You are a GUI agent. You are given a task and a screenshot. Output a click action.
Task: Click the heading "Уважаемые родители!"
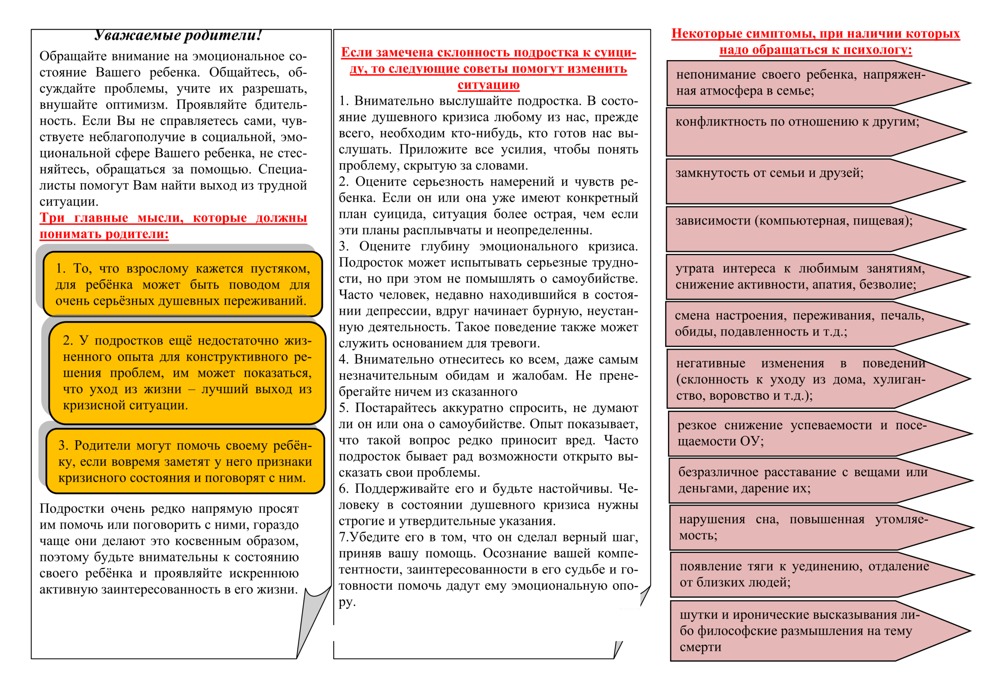[178, 35]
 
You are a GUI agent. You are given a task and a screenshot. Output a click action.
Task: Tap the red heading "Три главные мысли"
[173, 226]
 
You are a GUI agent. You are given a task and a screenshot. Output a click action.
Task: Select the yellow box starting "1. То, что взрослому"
[183, 284]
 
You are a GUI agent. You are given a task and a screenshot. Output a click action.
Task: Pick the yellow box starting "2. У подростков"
[187, 373]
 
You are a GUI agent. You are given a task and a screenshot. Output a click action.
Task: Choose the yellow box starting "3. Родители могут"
[185, 461]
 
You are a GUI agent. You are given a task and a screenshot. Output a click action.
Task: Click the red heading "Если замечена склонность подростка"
[488, 68]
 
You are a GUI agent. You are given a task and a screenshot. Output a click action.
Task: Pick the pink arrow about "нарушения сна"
[802, 528]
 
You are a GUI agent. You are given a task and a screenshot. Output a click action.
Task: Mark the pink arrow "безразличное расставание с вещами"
[802, 480]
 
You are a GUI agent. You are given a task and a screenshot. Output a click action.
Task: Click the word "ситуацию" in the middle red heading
[488, 85]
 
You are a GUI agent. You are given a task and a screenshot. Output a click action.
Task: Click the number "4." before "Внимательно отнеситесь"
[344, 359]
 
